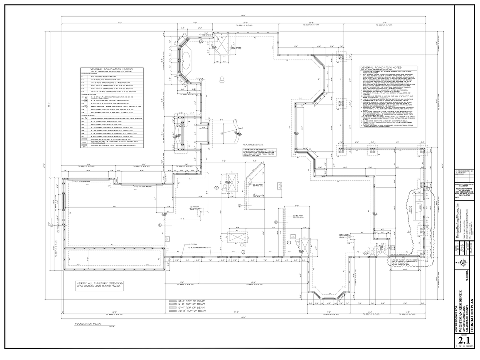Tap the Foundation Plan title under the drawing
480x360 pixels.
85,324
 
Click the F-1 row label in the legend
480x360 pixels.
83,77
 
